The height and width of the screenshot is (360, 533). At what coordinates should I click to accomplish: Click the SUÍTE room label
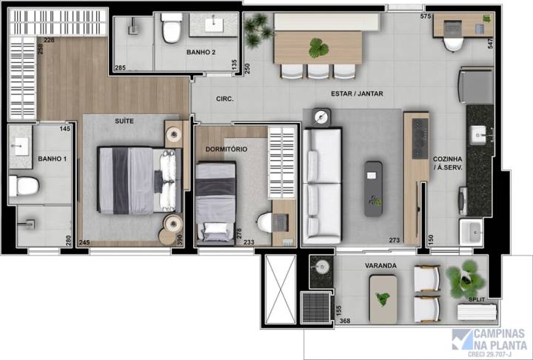(124, 120)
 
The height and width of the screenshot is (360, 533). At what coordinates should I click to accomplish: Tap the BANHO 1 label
(52, 159)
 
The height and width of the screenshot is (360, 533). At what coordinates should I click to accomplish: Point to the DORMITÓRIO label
(227, 149)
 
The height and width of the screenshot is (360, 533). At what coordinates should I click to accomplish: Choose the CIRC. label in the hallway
(225, 99)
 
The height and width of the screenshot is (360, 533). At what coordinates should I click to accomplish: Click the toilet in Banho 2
(172, 29)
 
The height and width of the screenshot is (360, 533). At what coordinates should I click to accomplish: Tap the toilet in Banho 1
(24, 185)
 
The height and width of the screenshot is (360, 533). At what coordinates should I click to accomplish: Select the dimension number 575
(426, 16)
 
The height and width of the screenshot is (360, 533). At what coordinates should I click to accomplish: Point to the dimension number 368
(344, 321)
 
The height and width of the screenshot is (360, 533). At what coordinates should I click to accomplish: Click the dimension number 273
(394, 239)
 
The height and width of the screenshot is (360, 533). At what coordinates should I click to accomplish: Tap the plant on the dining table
(319, 48)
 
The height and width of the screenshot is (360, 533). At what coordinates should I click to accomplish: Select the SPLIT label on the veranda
(477, 299)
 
